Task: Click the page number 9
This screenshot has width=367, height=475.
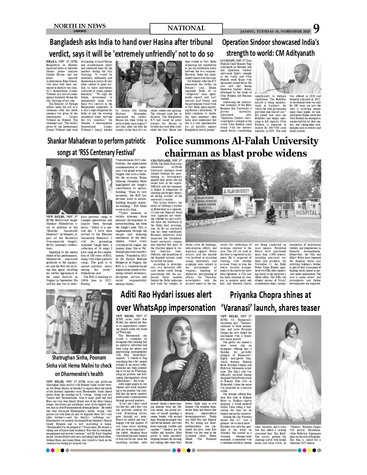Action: [316, 29]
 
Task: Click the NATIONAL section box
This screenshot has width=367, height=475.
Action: [186, 29]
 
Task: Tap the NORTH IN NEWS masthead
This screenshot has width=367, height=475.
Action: [79, 26]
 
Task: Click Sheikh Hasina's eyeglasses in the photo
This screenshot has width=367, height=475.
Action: [147, 75]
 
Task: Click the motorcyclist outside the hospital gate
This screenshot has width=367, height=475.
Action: [270, 214]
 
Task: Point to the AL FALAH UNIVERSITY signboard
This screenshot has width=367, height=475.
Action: [237, 191]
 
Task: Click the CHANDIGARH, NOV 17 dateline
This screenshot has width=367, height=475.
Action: [166, 160]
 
